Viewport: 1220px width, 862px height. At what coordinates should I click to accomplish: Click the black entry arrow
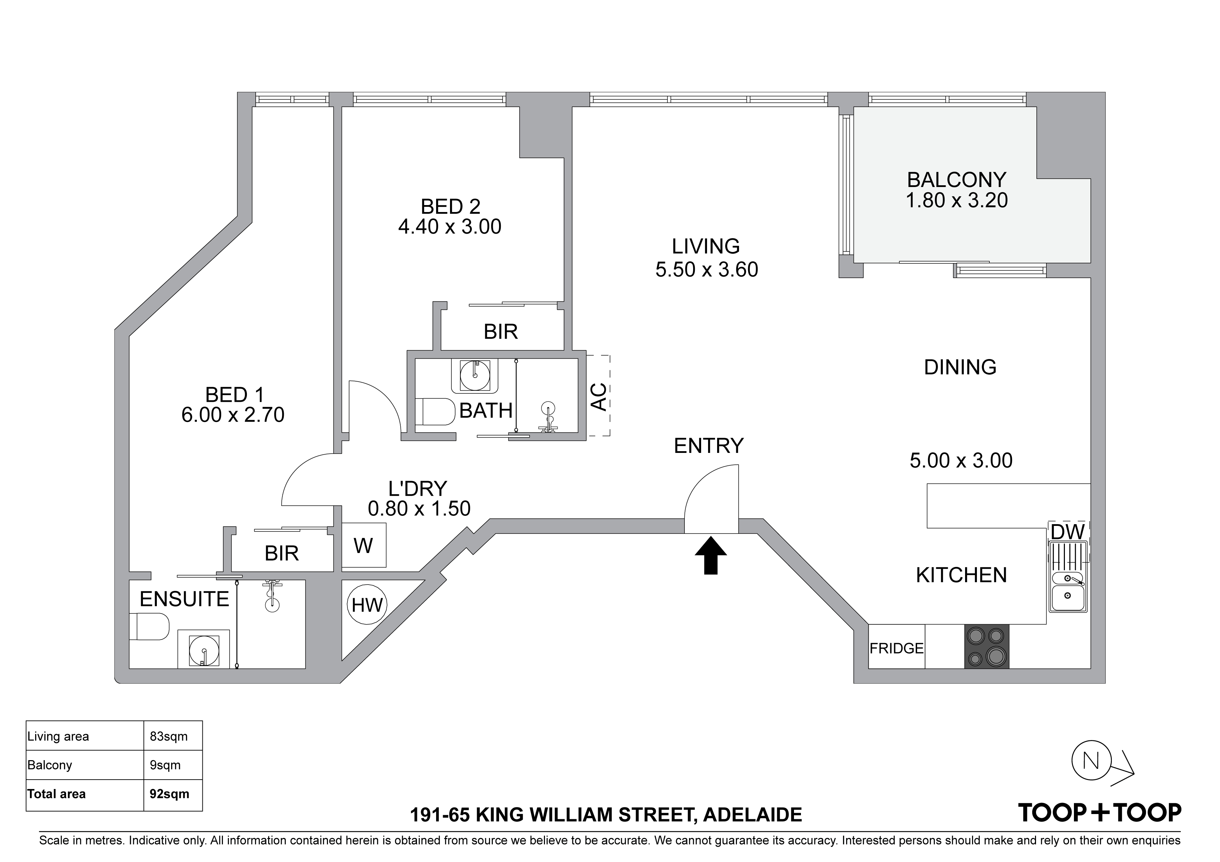click(711, 555)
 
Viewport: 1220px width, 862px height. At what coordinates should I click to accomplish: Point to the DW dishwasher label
click(1068, 532)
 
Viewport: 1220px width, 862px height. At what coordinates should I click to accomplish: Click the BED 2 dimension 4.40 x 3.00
click(450, 227)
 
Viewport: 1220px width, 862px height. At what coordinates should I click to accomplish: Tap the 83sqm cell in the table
click(169, 737)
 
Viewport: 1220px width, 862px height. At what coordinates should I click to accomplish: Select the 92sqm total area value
click(169, 794)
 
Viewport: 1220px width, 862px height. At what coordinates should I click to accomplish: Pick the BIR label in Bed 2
click(500, 332)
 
